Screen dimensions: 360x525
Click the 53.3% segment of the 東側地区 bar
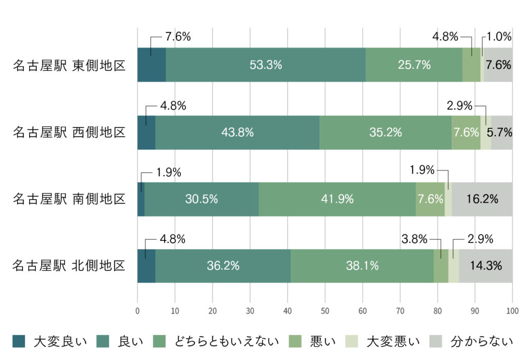(266, 65)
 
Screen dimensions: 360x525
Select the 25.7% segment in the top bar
(414, 65)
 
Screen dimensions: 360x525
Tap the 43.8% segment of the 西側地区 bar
(237, 132)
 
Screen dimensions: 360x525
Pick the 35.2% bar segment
(386, 132)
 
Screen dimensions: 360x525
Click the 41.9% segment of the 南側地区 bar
(337, 199)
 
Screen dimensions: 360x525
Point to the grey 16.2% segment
(482, 199)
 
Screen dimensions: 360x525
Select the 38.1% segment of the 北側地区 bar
(362, 266)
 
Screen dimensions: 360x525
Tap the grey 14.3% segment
(485, 266)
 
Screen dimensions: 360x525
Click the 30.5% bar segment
(201, 199)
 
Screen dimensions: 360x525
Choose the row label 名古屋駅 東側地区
(69, 66)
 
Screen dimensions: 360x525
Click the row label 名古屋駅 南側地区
(69, 199)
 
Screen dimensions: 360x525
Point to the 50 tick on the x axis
(325, 310)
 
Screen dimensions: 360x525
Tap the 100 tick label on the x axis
(512, 310)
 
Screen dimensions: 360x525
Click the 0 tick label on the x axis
(137, 310)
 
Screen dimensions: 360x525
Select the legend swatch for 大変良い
(18, 341)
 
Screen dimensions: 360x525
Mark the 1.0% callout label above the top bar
(499, 36)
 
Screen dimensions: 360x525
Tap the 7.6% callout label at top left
(178, 36)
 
